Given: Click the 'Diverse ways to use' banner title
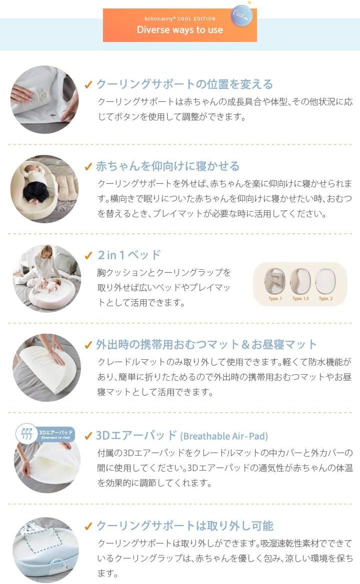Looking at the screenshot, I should pos(180,30).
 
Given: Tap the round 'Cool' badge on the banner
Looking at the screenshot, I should pos(241,16).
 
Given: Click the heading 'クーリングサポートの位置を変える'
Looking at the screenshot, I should pos(184,84).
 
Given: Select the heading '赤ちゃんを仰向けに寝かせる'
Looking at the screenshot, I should pos(167,166).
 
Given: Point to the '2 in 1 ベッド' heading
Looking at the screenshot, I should pos(129,255).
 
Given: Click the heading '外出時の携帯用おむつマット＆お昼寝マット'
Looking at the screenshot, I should pos(206,344).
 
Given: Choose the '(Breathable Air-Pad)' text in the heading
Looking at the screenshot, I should pos(223,436).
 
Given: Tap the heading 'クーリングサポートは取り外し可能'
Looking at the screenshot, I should pos(184,526).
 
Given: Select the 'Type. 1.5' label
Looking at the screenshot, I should pos(300,299).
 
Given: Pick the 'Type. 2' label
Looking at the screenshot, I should pos(325,299).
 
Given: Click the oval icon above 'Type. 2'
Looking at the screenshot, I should pos(325,281).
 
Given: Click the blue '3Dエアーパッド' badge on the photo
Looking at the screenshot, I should pos(45,433).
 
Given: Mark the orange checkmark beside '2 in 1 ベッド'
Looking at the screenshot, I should pos(88,255).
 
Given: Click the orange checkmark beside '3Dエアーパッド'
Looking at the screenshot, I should pos(88,436).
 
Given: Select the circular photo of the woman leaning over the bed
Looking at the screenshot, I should pos(46,278).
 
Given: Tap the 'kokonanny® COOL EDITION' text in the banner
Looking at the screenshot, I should pos(180,19).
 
